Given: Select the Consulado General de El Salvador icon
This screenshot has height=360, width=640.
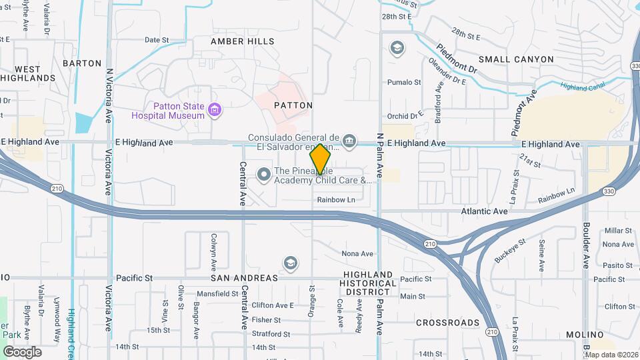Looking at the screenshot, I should pyautogui.click(x=349, y=141).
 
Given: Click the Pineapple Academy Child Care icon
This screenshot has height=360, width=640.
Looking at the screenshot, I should pyautogui.click(x=264, y=175).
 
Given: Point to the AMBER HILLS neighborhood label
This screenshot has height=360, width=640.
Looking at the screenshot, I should pyautogui.click(x=243, y=41).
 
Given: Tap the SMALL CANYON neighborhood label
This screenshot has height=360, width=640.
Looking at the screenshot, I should pyautogui.click(x=516, y=59).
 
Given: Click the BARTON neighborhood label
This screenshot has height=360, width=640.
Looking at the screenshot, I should pyautogui.click(x=81, y=63).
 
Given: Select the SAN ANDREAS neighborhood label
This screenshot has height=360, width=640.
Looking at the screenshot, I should pyautogui.click(x=244, y=278).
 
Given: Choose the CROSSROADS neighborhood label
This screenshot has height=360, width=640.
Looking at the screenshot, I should pyautogui.click(x=448, y=323).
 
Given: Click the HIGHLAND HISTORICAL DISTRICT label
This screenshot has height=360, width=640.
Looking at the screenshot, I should pyautogui.click(x=368, y=283).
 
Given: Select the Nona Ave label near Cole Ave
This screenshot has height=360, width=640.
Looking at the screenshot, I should pyautogui.click(x=357, y=253).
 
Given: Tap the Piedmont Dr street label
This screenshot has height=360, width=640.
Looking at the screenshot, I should pyautogui.click(x=458, y=59).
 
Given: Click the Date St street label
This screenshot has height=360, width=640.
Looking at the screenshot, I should pyautogui.click(x=157, y=40).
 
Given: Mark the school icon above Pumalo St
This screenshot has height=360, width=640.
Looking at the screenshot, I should pyautogui.click(x=397, y=49).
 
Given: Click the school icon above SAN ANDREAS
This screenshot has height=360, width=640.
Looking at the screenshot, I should pyautogui.click(x=290, y=263).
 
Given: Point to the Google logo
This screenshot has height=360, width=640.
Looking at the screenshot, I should pyautogui.click(x=23, y=351).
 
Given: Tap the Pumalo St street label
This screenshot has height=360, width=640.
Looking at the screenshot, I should pyautogui.click(x=405, y=83).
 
